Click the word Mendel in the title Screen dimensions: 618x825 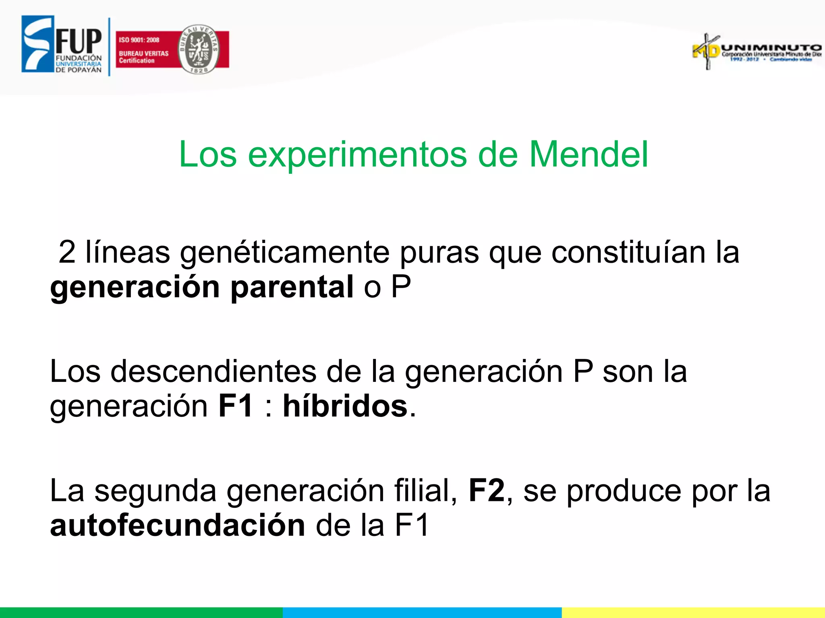588,154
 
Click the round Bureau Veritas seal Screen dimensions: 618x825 199,49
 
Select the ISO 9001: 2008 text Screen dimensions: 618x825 139,40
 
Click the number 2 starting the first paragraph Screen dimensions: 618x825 67,252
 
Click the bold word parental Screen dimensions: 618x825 292,287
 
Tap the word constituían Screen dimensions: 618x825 628,252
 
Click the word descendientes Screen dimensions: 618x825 214,371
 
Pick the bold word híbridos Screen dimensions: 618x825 345,406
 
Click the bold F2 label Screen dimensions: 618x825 486,490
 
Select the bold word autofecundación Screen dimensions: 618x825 178,525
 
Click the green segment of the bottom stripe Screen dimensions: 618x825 141,612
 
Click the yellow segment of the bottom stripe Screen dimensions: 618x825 693,612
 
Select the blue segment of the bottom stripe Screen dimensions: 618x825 422,612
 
